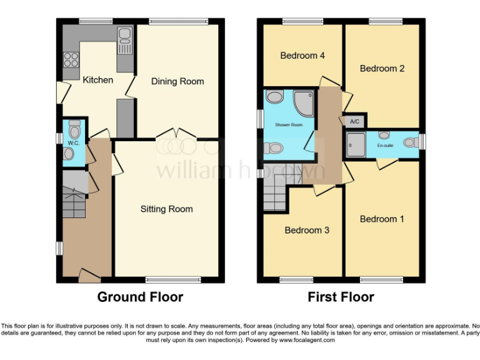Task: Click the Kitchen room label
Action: click(x=98, y=80)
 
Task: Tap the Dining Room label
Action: click(x=177, y=81)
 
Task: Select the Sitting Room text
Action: click(x=166, y=209)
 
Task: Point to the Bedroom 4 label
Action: click(x=302, y=56)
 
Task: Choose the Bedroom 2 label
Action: click(x=382, y=68)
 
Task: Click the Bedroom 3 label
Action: click(x=307, y=230)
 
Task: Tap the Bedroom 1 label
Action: click(x=382, y=219)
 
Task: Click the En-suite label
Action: click(x=385, y=145)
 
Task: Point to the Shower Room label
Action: click(x=289, y=124)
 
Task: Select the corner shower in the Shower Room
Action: click(x=306, y=100)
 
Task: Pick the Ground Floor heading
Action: click(x=140, y=297)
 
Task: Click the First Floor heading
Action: click(x=341, y=297)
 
